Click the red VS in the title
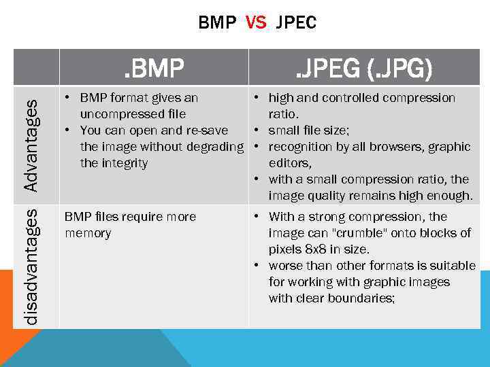click(256, 23)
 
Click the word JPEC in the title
click(297, 23)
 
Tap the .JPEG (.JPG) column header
click(363, 68)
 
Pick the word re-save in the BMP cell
click(206, 130)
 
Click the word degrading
click(214, 147)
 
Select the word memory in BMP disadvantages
click(88, 233)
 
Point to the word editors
click(291, 163)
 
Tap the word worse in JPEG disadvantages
click(285, 266)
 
